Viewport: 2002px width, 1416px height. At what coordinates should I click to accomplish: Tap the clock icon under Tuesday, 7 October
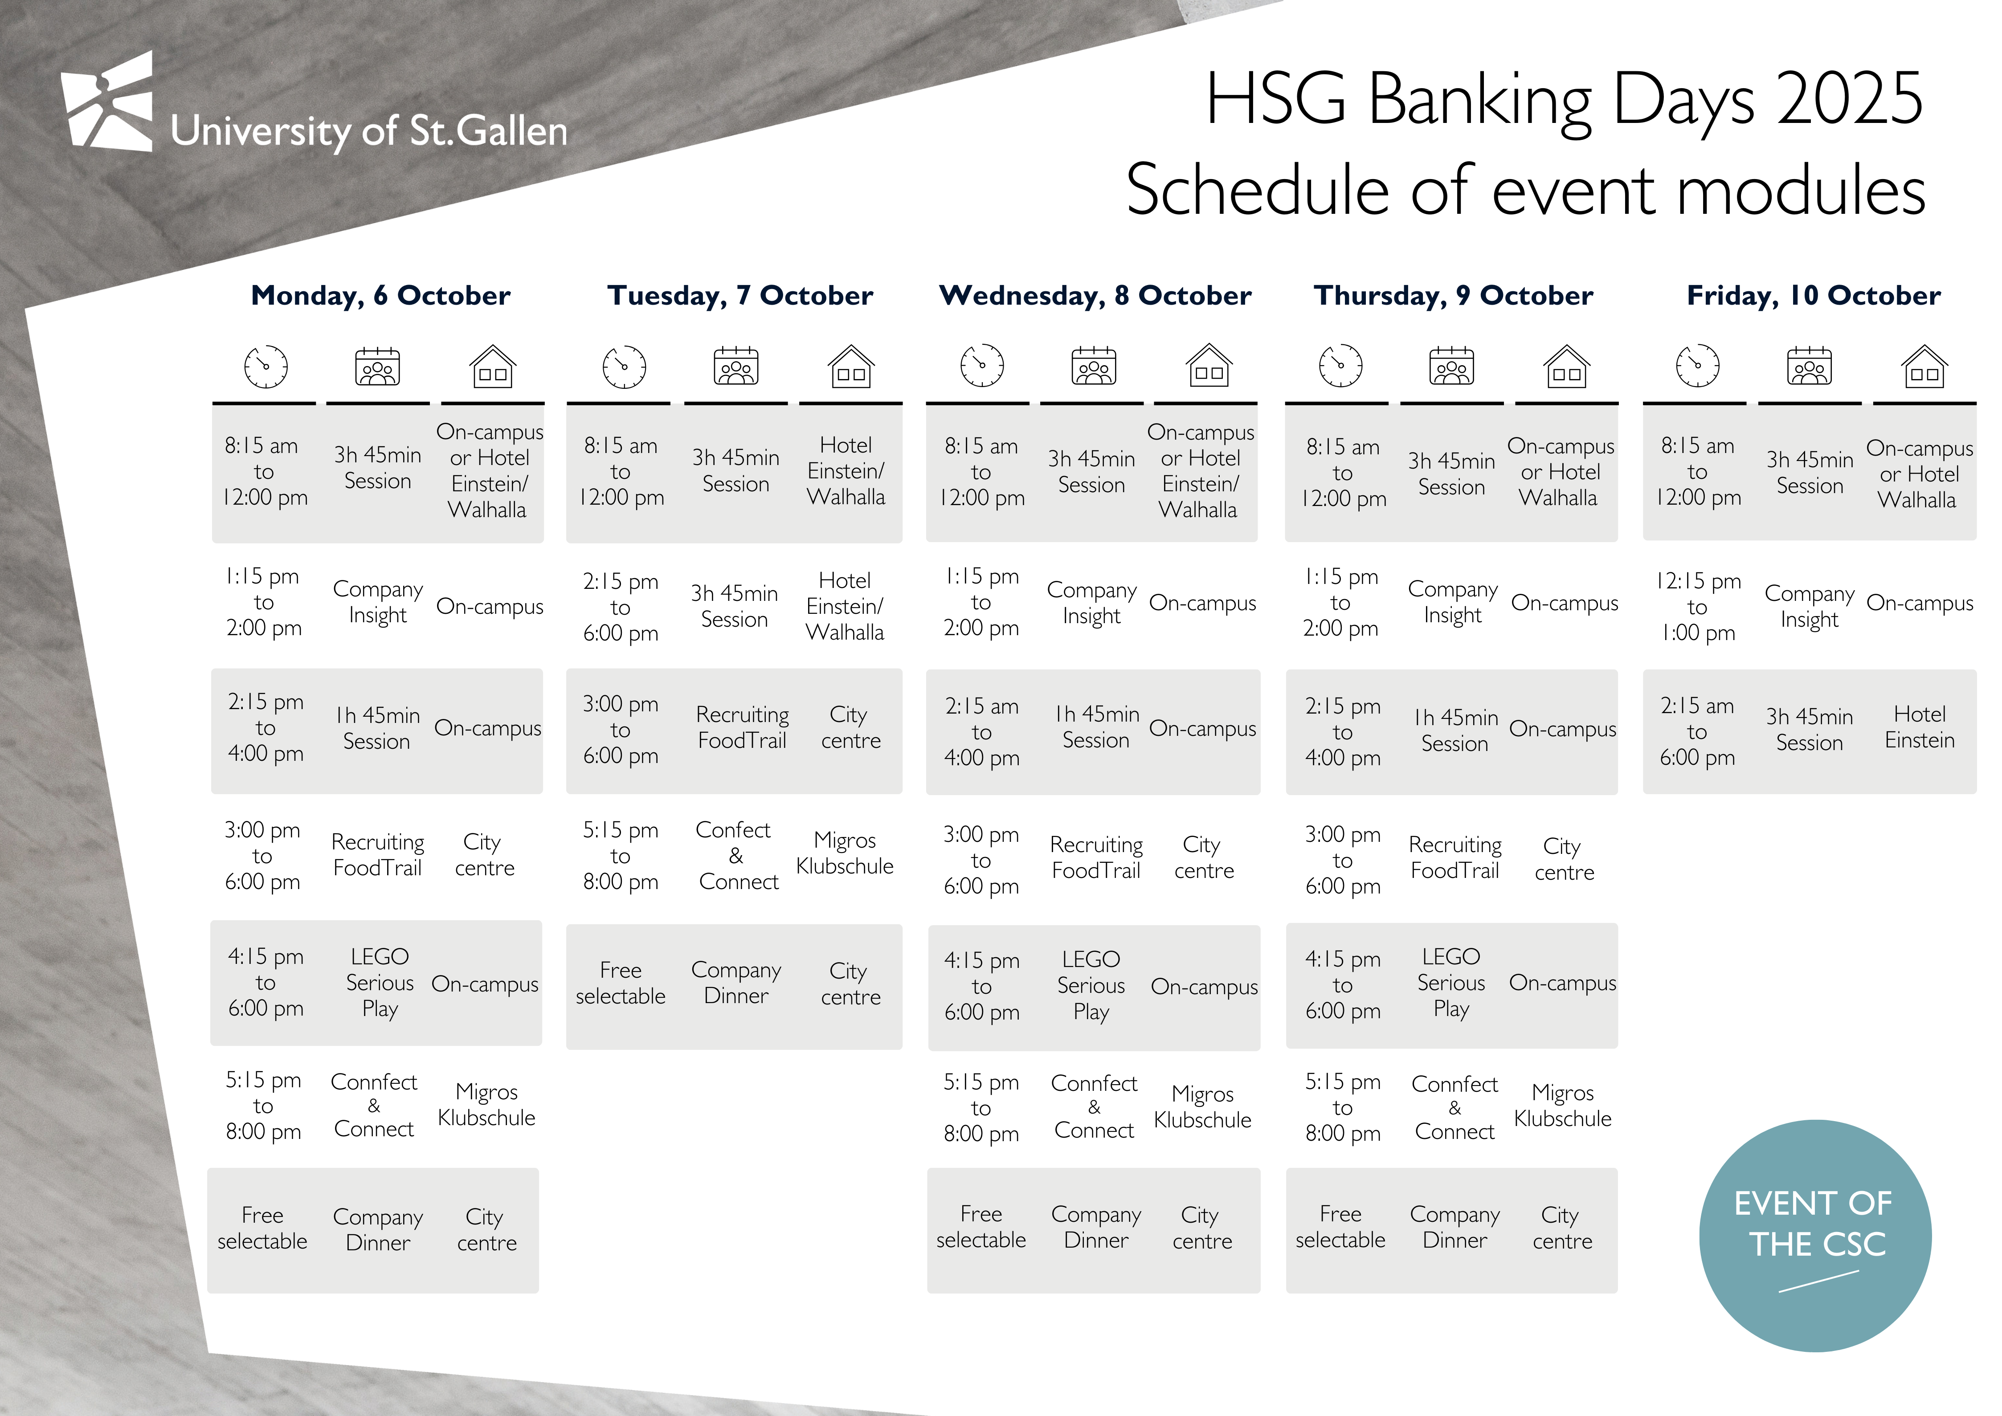pyautogui.click(x=624, y=366)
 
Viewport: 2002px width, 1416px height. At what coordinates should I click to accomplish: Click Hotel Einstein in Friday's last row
pyautogui.click(x=1919, y=727)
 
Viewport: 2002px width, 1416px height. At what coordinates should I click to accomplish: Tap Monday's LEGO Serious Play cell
pyautogui.click(x=379, y=983)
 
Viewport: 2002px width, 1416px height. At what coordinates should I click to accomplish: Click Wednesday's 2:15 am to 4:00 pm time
pyautogui.click(x=982, y=731)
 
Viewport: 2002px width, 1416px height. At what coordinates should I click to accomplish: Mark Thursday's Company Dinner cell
pyautogui.click(x=1455, y=1228)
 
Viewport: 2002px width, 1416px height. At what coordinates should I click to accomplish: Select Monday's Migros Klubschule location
pyautogui.click(x=486, y=1105)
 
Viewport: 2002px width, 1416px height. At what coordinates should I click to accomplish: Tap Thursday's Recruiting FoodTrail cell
pyautogui.click(x=1455, y=858)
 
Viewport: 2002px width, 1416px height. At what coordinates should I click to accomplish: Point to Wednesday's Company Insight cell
pyautogui.click(x=1092, y=603)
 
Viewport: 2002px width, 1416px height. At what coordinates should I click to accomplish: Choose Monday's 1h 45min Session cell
pyautogui.click(x=378, y=728)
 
